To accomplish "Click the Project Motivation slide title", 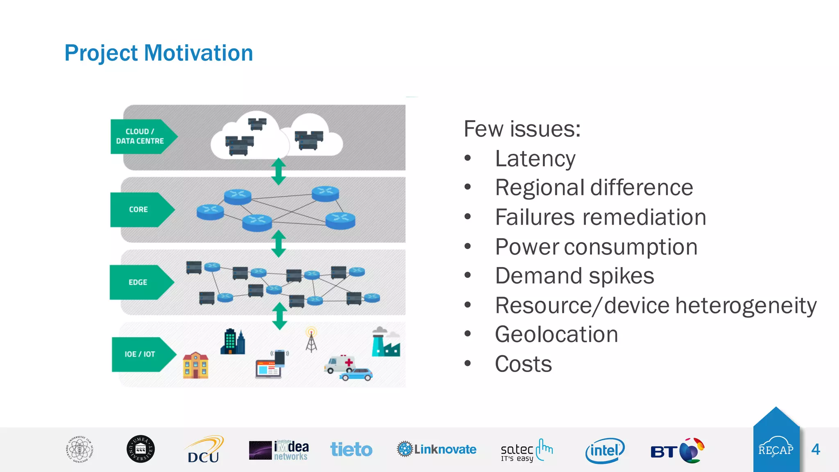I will pyautogui.click(x=159, y=53).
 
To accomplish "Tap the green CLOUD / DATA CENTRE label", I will pyautogui.click(x=140, y=136).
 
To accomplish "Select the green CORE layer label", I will pyautogui.click(x=138, y=209).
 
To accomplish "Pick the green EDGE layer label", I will pyautogui.click(x=138, y=282).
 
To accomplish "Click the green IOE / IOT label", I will pyautogui.click(x=140, y=354).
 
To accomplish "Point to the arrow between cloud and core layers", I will pyautogui.click(x=279, y=171).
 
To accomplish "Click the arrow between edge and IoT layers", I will pyautogui.click(x=279, y=316).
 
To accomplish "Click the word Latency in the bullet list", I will pyautogui.click(x=535, y=159).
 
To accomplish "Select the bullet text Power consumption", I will pyautogui.click(x=596, y=247).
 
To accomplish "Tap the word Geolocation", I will pyautogui.click(x=556, y=334).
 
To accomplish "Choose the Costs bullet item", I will pyautogui.click(x=523, y=364).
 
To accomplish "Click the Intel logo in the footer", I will pyautogui.click(x=605, y=450).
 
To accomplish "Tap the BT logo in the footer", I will pyautogui.click(x=677, y=450).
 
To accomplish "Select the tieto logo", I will pyautogui.click(x=351, y=449).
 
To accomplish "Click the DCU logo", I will pyautogui.click(x=204, y=450).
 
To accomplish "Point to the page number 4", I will pyautogui.click(x=815, y=449).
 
